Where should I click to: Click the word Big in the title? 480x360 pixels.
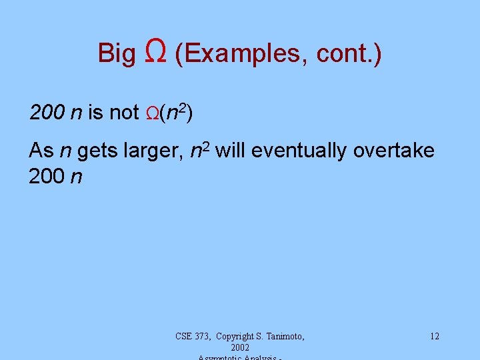[117, 53]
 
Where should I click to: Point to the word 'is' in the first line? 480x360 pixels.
[95, 113]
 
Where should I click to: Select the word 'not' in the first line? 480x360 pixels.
[123, 113]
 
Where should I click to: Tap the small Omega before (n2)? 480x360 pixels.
[152, 114]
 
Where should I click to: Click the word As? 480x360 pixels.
[41, 151]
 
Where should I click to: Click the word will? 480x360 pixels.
[232, 151]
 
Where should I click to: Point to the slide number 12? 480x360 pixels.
[435, 336]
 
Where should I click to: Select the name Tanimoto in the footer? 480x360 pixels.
[282, 336]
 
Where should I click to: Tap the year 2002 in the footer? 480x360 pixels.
[239, 348]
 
